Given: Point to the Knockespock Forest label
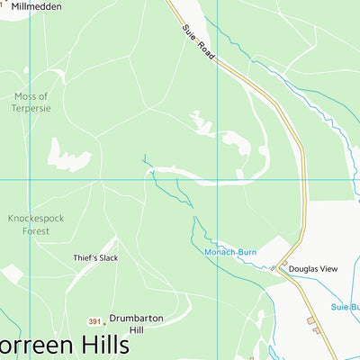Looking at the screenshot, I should point(35,223).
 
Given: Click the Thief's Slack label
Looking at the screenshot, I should point(95,257).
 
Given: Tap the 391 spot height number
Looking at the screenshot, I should point(94,321).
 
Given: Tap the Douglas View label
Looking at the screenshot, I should point(314,268).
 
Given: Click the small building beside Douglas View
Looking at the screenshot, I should point(283,266).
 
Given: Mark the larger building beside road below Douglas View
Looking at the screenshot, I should point(312,319).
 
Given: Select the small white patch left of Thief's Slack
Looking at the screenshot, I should point(12,274).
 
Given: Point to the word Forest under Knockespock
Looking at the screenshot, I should point(35,229).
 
